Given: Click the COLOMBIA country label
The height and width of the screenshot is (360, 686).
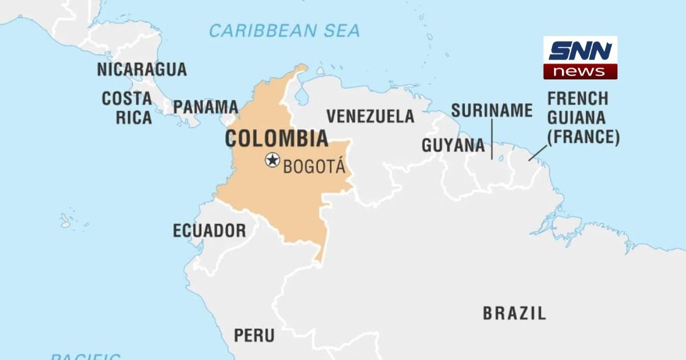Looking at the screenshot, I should coord(277,139).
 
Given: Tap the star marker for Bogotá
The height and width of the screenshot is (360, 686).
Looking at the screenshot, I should coord(273,160).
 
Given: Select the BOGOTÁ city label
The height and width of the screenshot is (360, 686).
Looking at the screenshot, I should coord(314,166).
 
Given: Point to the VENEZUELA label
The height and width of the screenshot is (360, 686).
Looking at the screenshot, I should coord(370,116).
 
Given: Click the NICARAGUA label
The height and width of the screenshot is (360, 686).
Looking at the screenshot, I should coord(142,70).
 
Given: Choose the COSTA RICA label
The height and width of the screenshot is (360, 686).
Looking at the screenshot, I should coord(127,108).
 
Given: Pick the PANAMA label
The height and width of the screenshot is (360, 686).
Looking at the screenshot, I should coord(206,107).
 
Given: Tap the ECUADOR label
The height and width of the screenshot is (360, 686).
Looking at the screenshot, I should coord(209,231).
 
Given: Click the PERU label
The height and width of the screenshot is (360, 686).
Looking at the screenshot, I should coord(254,335).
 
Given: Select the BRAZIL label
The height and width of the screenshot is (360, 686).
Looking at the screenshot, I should coord(514,313).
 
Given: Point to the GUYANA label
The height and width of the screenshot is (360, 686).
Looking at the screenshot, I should coord(453,146).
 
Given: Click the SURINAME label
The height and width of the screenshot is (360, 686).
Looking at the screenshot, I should coord(492,110).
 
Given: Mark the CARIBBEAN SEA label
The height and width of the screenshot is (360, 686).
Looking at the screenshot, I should coord(284,30).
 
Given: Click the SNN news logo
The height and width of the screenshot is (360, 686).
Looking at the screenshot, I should coord(580,58).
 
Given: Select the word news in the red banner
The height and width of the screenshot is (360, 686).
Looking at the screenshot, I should coord(580,71).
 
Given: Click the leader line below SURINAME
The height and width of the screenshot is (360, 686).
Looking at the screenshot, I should coord(492,139).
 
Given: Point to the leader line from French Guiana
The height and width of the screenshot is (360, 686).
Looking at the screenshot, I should coord(537,152).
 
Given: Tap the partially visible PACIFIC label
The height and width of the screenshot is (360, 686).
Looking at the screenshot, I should coord(86,356).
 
